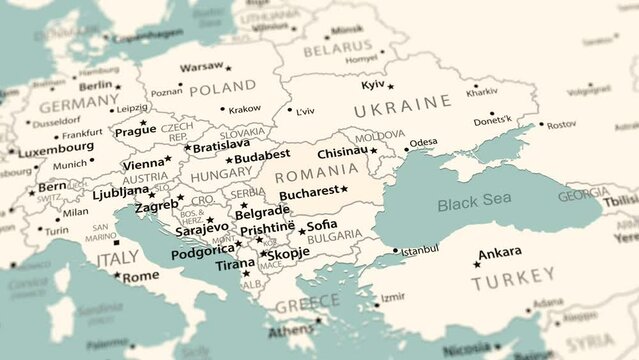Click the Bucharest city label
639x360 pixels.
click(309, 192)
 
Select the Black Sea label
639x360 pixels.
click(474, 205)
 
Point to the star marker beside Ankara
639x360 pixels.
click(476, 264)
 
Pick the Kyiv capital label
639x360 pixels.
click(372, 85)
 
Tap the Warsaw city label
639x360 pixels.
click(201, 68)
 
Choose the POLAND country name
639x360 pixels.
click(222, 88)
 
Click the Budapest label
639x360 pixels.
click(262, 155)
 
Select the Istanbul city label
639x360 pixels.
click(420, 249)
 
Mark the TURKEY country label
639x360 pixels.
click(513, 284)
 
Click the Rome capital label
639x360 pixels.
click(140, 276)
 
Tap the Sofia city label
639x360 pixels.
click(322, 225)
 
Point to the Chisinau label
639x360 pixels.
click(342, 152)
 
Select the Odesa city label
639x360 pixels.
click(423, 142)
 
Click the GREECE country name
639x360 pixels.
click(307, 303)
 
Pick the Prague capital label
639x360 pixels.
click(135, 131)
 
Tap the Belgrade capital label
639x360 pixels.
click(262, 211)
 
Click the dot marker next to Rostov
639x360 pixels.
click(541, 125)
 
